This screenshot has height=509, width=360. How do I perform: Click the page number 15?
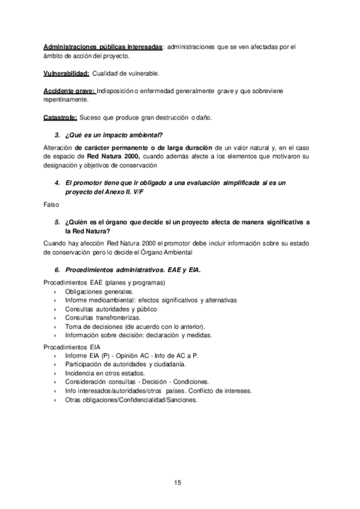coord(178,482)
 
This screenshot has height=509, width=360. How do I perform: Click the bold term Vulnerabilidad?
coord(66,73)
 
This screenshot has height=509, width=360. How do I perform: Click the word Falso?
coord(52,205)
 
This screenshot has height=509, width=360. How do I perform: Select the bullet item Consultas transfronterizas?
coord(103,317)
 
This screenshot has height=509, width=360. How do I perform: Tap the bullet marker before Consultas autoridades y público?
coord(54,309)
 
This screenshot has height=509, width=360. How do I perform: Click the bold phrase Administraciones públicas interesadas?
coord(103,47)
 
